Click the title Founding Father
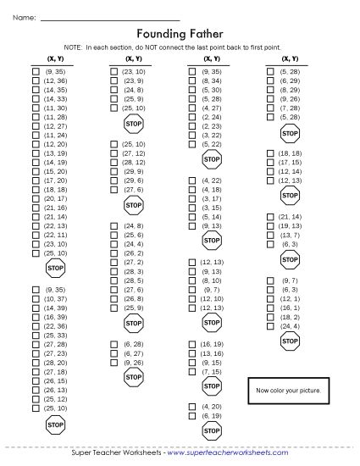(180, 34)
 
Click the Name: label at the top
(25, 17)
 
